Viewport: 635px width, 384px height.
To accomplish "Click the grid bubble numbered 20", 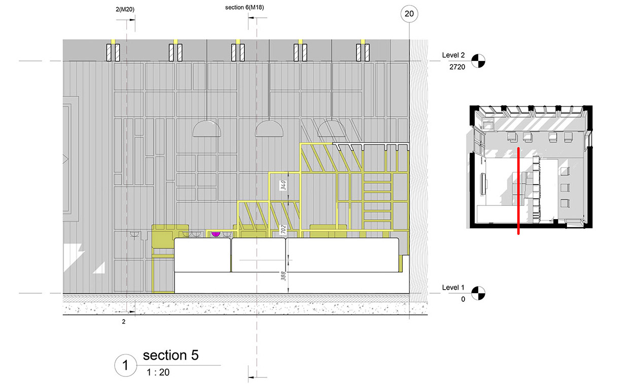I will coord(409,14).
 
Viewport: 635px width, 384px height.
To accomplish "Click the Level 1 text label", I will coord(452,287).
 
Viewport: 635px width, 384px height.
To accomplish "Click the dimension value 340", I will coord(284,185).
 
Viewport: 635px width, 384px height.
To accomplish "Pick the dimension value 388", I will coord(284,276).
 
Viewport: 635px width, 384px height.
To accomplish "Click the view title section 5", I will coord(170,355).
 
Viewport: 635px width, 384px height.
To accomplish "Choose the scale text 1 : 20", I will coord(158,372).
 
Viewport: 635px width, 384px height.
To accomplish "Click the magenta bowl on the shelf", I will coord(215,234).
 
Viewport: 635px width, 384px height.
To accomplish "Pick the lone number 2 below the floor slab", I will coord(123,322).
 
